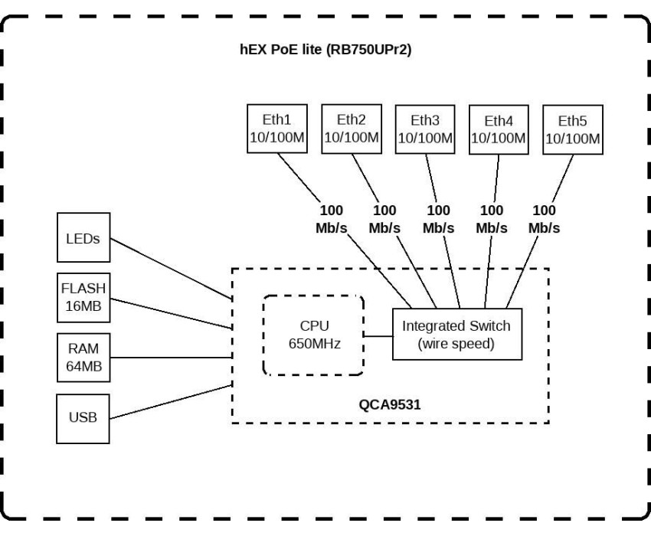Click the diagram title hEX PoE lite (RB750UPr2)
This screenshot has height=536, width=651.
pos(325,50)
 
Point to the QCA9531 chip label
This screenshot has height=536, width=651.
pos(389,404)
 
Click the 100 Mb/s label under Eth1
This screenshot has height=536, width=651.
pos(332,219)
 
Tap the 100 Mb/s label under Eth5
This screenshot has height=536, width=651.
pos(544,219)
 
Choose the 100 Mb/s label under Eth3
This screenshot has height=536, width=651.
pos(438,219)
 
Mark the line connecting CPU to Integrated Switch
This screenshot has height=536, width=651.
pos(378,336)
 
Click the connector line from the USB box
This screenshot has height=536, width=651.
pos(171,402)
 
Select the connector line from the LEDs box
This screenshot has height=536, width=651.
pos(171,269)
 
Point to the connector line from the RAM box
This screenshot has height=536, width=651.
pos(171,357)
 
